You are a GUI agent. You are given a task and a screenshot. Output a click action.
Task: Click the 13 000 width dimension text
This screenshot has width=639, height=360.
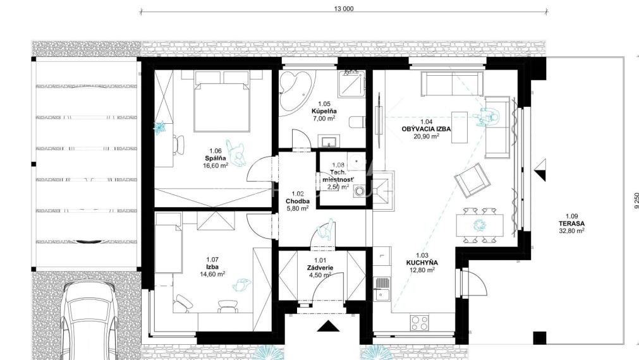click(x=344, y=8)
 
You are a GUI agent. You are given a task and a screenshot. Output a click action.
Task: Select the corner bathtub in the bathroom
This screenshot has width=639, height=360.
click(x=296, y=89)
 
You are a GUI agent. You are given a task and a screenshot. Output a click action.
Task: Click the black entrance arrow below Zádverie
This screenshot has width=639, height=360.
click(x=328, y=327)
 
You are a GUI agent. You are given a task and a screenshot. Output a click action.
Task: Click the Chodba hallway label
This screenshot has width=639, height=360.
click(x=296, y=201)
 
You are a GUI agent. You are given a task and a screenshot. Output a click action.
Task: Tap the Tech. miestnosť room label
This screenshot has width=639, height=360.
click(x=338, y=176)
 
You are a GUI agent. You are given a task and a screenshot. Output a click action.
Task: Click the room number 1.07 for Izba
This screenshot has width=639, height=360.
click(x=212, y=259)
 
